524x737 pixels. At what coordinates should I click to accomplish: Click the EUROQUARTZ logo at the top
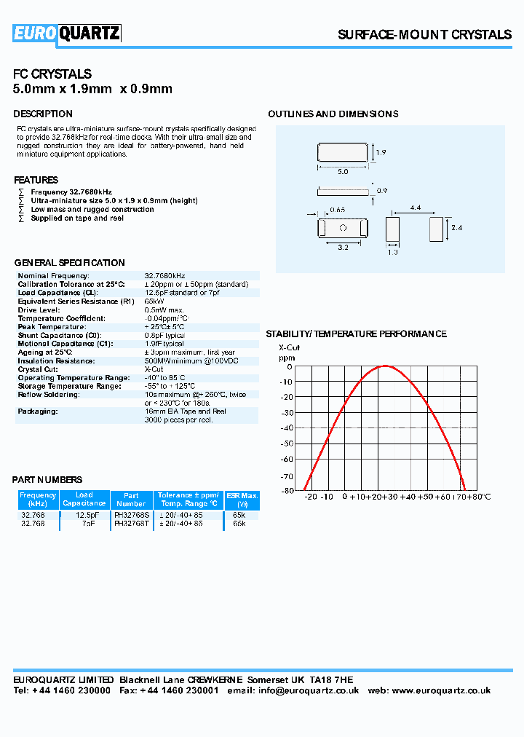[x=67, y=33]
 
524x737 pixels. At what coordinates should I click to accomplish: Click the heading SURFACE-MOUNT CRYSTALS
[x=425, y=35]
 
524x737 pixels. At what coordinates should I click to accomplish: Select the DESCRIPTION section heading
[x=43, y=114]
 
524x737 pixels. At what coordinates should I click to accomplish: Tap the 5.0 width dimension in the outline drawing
[x=343, y=172]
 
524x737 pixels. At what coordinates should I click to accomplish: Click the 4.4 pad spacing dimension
[x=416, y=208]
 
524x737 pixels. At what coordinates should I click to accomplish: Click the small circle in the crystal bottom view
[x=343, y=227]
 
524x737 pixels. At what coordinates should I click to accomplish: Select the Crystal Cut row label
[x=39, y=369]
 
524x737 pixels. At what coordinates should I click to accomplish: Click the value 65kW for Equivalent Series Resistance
[x=154, y=301]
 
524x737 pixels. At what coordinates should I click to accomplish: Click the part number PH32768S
[x=132, y=515]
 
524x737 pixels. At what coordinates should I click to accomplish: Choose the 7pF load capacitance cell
[x=87, y=523]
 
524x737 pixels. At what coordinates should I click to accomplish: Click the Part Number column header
[x=131, y=499]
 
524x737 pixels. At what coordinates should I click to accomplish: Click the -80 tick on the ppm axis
[x=287, y=490]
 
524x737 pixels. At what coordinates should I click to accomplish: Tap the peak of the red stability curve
[x=384, y=366]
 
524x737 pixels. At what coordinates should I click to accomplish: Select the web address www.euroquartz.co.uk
[x=441, y=690]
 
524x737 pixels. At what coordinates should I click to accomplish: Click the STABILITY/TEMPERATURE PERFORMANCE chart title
[x=356, y=334]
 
